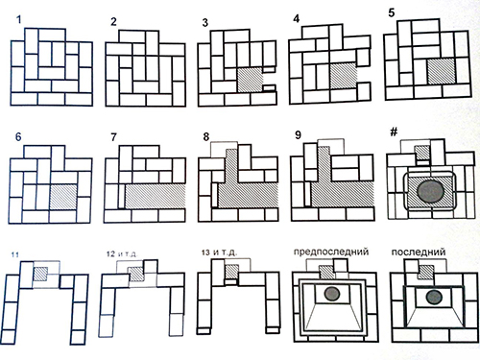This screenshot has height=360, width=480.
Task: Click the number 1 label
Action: click(19, 20)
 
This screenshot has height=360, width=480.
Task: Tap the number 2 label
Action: click(113, 22)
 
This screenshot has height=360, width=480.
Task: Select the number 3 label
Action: click(205, 23)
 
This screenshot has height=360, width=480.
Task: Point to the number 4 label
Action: click(297, 19)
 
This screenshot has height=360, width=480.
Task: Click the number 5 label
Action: click(392, 13)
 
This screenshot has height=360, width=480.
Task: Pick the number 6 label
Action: click(18, 137)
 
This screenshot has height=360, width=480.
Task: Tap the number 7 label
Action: click(113, 137)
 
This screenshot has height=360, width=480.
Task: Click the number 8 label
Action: click(206, 137)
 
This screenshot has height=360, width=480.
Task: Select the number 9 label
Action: click(298, 135)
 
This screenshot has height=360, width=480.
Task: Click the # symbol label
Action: click(394, 132)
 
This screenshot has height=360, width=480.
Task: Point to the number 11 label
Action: click(14, 255)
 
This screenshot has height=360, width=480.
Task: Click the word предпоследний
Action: click(331, 252)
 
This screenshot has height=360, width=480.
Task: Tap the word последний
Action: click(419, 252)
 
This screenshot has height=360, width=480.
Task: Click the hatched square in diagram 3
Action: click(250, 80)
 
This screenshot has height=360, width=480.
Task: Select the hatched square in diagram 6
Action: click(63, 197)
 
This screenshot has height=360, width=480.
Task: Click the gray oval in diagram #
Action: click(431, 191)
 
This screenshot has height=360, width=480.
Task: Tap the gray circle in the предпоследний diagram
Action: click(332, 294)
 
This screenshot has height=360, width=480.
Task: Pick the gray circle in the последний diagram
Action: click(434, 298)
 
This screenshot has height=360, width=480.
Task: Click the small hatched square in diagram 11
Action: click(41, 274)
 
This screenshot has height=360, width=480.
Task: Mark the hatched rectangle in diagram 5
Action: click(442, 71)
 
